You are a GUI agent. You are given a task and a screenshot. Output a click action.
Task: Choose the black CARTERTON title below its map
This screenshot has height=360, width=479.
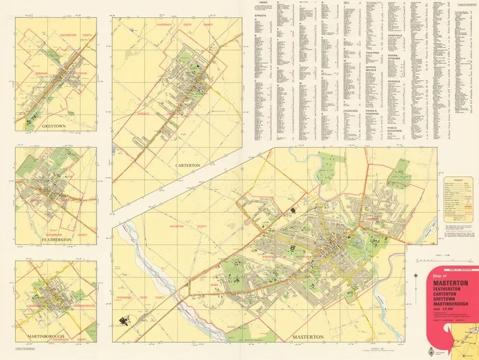coord(182,166)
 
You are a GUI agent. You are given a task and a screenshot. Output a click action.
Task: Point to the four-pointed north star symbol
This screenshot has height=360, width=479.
coord(417,276)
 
